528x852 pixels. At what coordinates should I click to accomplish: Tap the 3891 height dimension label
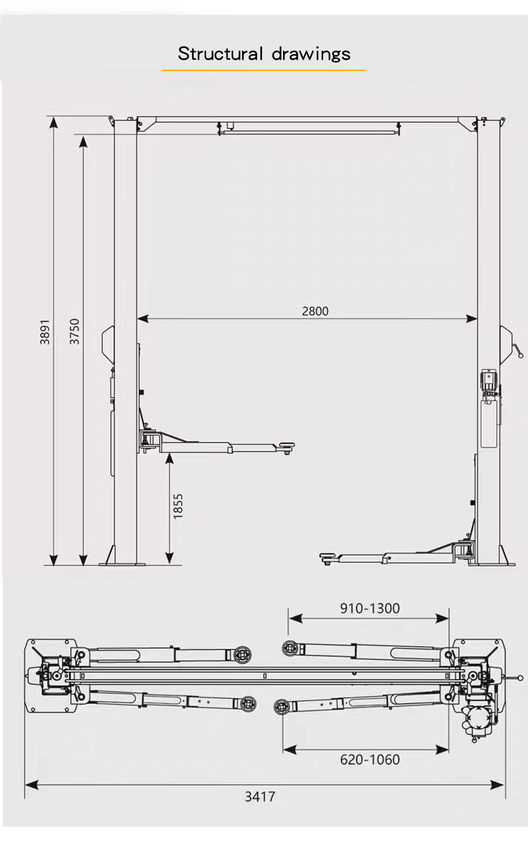(45, 331)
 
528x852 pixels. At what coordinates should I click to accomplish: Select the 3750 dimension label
(75, 331)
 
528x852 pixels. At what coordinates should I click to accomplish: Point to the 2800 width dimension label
(315, 311)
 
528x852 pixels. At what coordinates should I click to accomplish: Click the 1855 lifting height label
(178, 506)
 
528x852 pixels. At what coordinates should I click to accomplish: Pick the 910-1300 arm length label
(370, 608)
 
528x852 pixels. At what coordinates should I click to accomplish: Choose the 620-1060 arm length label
(370, 759)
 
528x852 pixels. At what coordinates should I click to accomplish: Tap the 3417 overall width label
(260, 796)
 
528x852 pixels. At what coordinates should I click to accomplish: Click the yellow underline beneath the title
(264, 70)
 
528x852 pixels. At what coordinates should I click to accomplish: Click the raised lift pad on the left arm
(285, 445)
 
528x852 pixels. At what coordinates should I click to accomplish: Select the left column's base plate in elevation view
(122, 563)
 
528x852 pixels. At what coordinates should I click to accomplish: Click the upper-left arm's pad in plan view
(244, 654)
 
